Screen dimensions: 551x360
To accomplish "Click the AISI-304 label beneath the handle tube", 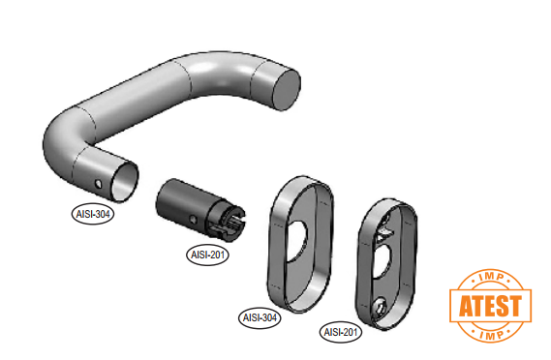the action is pos(93,214).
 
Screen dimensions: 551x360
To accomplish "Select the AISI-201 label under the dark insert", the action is pos(207,255).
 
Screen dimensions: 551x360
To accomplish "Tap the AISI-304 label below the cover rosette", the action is pos(260,317).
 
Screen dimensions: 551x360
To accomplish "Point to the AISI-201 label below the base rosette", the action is pos(341,332).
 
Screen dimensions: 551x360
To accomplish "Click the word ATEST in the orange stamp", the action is pos(490,306).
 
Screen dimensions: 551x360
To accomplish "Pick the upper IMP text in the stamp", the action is pos(491,277).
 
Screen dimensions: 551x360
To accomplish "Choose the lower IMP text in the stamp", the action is pos(491,335).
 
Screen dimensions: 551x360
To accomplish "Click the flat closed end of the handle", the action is pos(286,90).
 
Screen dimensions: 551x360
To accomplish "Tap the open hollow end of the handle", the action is pos(124,183).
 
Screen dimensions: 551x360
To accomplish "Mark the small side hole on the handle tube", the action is pos(99,184).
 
